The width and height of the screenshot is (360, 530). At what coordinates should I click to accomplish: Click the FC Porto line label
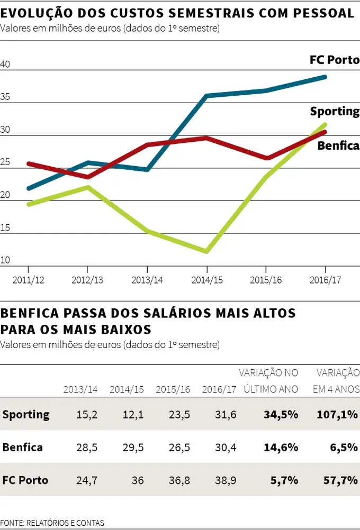(334, 60)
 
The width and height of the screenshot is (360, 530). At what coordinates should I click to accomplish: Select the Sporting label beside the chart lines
(334, 112)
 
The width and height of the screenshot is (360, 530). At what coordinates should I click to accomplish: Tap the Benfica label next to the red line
(338, 145)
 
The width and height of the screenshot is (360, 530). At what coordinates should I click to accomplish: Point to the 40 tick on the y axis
(5, 65)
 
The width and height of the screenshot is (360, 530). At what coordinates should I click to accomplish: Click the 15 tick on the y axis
(5, 227)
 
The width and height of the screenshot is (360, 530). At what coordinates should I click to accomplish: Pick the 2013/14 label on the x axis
(147, 279)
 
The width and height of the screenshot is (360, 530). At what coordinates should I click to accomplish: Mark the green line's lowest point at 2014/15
(207, 251)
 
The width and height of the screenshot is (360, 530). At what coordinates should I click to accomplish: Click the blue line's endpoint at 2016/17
(325, 77)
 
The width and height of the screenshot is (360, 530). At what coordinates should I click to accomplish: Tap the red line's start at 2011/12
(29, 163)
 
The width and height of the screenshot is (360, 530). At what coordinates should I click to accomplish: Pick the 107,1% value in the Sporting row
(337, 415)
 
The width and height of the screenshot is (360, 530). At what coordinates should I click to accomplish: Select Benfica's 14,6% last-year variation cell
(281, 447)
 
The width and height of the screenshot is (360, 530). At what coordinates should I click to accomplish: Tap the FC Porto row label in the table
(25, 480)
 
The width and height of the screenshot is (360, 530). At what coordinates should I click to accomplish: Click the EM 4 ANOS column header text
(336, 389)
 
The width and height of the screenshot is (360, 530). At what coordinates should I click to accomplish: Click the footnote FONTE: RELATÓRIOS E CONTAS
(52, 523)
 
